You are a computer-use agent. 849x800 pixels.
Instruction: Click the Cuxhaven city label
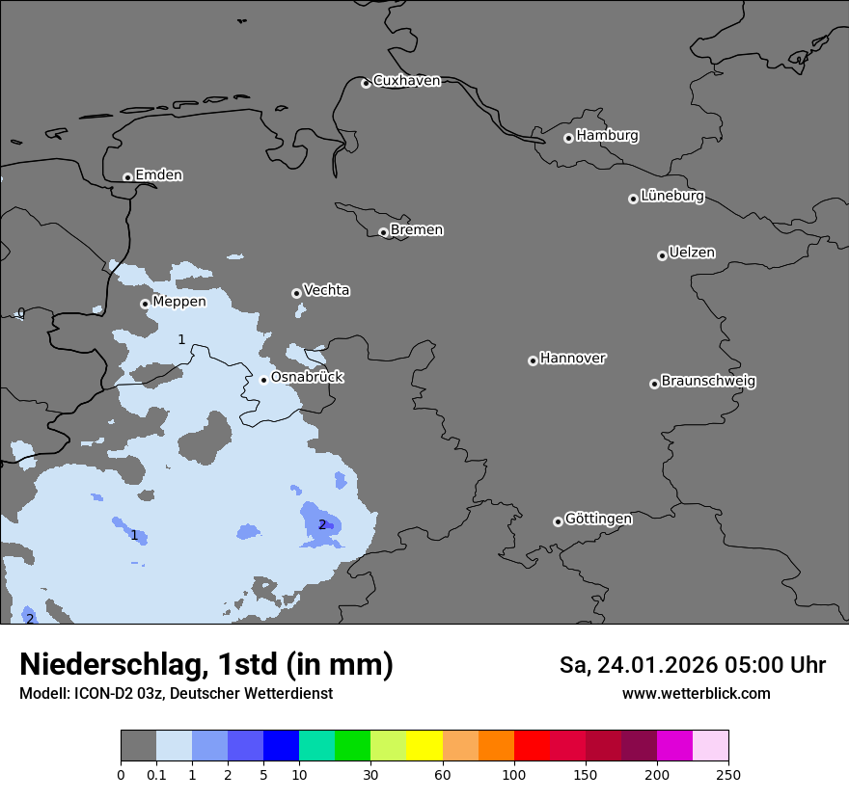point(406,81)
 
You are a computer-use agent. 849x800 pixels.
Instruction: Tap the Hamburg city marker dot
point(568,138)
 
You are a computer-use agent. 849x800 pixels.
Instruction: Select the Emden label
point(158,175)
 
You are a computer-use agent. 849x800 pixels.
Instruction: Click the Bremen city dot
point(383,232)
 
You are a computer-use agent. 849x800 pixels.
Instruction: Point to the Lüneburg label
point(671,197)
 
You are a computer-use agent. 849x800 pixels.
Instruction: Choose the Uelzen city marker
point(662,255)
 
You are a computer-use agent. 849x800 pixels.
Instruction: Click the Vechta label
point(326,290)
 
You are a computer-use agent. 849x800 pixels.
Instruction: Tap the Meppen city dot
point(145,304)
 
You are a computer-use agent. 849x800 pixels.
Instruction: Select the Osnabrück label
point(307,377)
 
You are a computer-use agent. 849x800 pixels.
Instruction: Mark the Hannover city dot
point(533,360)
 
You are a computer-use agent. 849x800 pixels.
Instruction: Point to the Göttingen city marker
point(558,521)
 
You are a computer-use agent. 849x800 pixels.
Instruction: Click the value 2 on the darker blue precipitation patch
point(322,525)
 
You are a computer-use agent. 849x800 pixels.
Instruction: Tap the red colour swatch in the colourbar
point(532,745)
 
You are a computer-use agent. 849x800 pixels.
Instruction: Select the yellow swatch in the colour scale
point(424,745)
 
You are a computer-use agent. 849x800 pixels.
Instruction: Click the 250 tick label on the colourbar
point(728,774)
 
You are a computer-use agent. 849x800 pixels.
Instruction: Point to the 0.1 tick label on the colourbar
point(156,774)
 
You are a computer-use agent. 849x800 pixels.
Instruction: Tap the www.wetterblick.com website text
point(696,694)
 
